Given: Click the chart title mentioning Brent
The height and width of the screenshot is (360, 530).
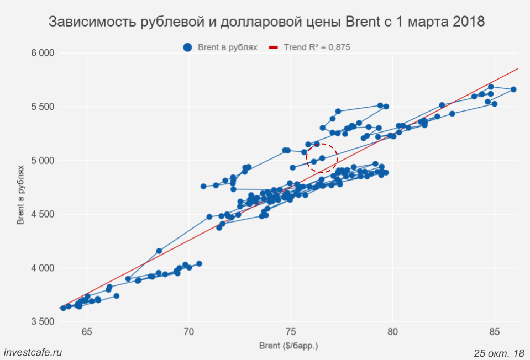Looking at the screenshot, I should tap(266, 22).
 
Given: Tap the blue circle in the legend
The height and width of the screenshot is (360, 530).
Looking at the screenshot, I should tap(188, 47).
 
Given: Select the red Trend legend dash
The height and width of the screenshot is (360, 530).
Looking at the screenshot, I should tap(273, 47).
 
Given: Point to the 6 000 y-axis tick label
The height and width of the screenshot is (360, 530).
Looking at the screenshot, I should tap(42, 53).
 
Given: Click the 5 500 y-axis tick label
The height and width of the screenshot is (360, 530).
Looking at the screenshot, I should tap(42, 107).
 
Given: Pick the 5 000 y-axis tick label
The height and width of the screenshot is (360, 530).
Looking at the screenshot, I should tap(42, 161).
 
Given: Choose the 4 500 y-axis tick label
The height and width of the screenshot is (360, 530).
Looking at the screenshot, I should tap(42, 215).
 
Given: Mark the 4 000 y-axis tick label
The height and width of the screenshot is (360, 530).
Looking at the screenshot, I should tap(42, 268).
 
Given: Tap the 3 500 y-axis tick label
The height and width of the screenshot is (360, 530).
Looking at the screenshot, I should tap(42, 322).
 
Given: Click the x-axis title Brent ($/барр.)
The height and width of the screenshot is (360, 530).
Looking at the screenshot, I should tap(288, 346).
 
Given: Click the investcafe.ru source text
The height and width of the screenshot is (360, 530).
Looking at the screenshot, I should tap(33, 352).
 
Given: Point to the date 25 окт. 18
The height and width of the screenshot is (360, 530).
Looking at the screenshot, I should tap(498, 352).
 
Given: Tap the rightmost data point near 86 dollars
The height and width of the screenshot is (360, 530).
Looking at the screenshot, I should tap(513, 89).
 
